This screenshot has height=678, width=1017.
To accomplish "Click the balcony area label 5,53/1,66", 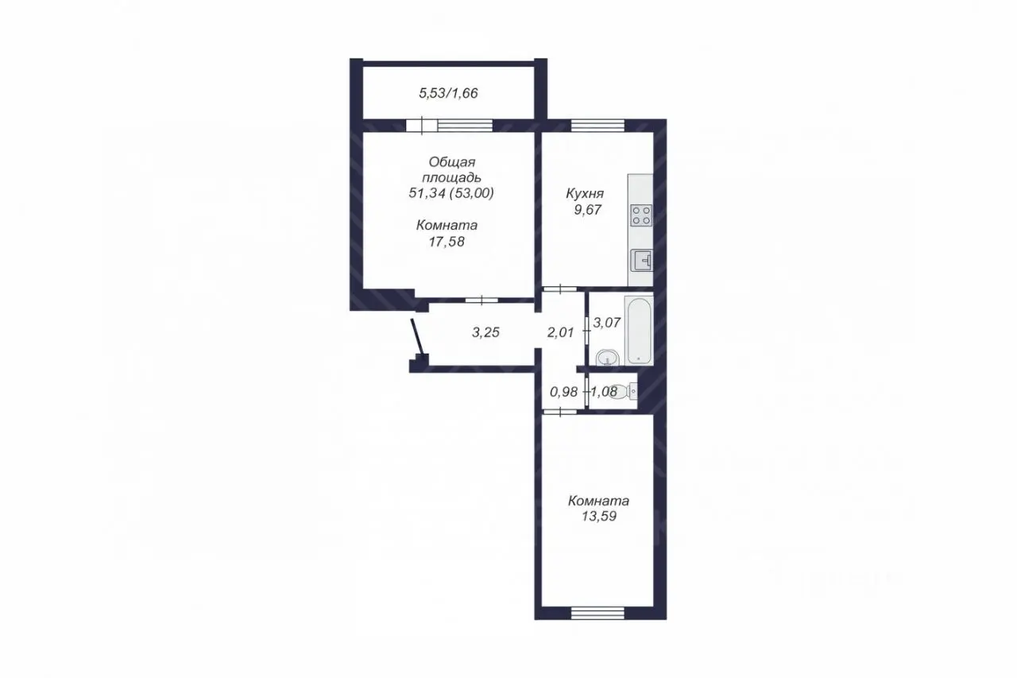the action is click(x=448, y=93).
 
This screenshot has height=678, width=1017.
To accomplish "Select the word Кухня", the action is click(x=585, y=193).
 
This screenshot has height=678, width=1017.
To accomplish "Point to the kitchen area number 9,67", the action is click(x=587, y=210).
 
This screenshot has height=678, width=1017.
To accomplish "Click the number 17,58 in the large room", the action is click(x=447, y=242).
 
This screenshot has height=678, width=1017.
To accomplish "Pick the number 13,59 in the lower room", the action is click(x=599, y=517).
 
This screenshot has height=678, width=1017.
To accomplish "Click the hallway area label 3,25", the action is click(x=485, y=332).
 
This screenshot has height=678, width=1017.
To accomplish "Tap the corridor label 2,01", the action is click(x=561, y=332).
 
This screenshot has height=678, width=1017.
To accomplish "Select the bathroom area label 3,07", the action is click(x=606, y=323).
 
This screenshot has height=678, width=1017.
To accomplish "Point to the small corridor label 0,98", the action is click(x=563, y=391).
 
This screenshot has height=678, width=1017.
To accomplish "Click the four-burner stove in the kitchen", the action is click(x=641, y=215).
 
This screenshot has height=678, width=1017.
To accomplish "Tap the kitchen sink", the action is click(x=641, y=261).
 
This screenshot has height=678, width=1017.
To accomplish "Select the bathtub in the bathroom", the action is click(x=639, y=331).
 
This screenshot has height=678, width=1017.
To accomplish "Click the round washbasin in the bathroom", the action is click(x=607, y=358).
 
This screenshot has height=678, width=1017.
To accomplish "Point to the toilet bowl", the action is click(x=625, y=391).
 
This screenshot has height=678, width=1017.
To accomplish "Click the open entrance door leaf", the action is click(x=418, y=338).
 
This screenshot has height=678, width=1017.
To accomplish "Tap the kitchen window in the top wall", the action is click(x=597, y=126).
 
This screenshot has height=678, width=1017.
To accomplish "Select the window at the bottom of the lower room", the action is click(x=597, y=614).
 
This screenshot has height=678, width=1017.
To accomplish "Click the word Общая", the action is click(x=452, y=162).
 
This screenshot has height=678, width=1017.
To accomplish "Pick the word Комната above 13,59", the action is click(x=598, y=501).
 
